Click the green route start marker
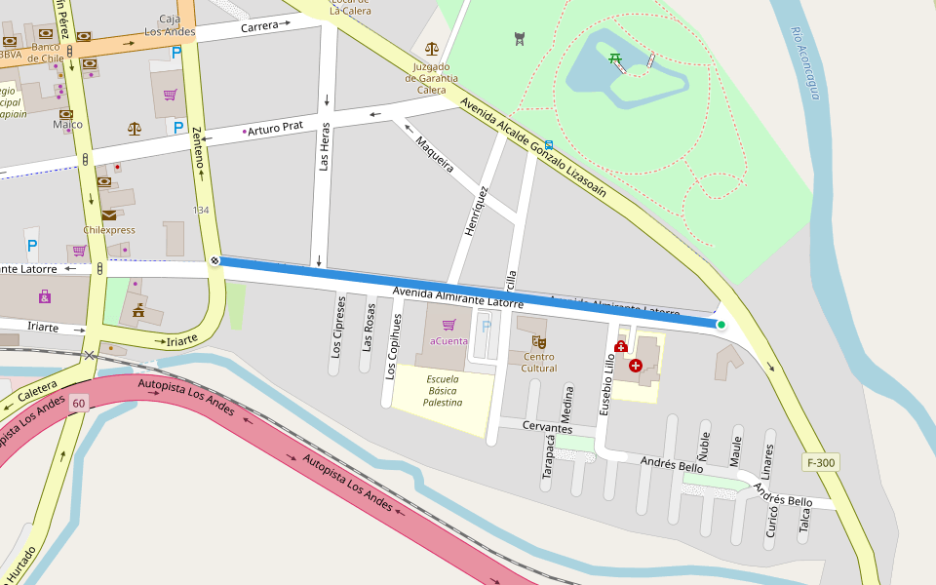721,325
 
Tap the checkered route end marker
214,260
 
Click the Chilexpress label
109,230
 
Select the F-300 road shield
821,462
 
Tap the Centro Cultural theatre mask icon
538,342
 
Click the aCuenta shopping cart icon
448,325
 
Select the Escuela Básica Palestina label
443,391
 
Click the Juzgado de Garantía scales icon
431,47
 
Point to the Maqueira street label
435,154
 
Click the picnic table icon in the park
615,59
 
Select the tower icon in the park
519,39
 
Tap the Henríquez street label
476,212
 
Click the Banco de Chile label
46,53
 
